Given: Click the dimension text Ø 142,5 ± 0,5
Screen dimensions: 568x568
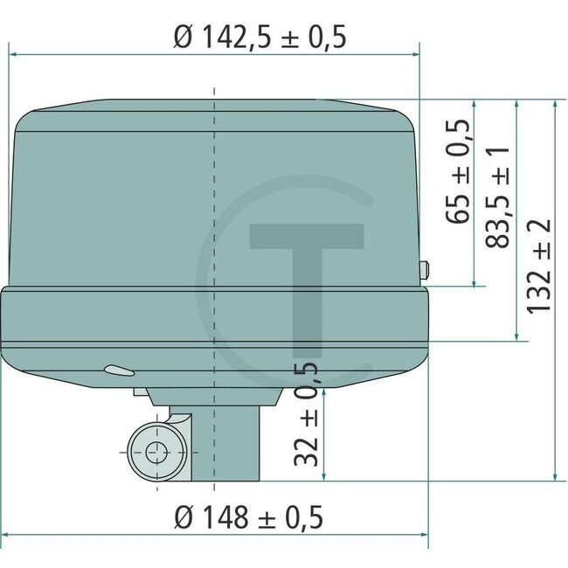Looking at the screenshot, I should tap(260, 37).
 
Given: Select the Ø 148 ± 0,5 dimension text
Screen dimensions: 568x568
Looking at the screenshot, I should tap(248, 517).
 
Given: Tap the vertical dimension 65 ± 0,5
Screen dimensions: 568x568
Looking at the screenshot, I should tap(461, 171).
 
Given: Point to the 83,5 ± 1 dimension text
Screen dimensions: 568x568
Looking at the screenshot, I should tap(498, 197).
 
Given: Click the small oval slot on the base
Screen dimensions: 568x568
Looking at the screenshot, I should tap(113, 369).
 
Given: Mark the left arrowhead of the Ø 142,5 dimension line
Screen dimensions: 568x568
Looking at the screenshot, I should tap(12, 54).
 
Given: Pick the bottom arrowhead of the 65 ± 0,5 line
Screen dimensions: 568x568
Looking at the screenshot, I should tap(474, 281).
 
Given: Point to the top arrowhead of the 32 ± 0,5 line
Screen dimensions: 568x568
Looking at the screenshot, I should tap(324, 392).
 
